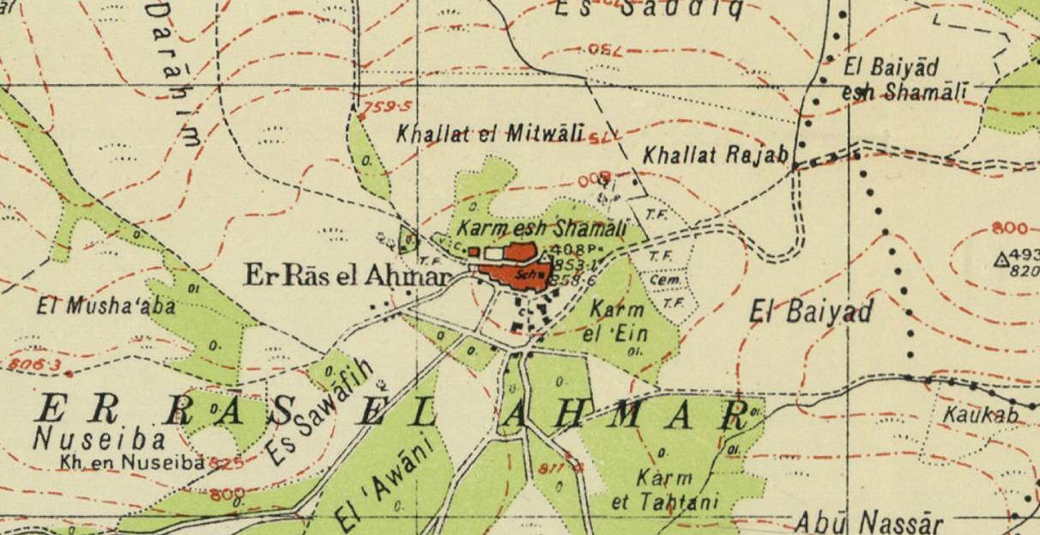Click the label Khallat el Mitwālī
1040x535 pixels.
coord(490,133)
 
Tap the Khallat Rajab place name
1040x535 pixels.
coord(715,155)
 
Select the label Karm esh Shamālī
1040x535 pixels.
coord(540,229)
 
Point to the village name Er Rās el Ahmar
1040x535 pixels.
coord(348,276)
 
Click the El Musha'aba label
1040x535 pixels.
coord(106,304)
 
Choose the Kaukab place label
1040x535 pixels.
coord(980,415)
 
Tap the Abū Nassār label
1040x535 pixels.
coord(868,522)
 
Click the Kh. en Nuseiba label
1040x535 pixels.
coord(131,462)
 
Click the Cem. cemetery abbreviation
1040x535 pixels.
coord(661,280)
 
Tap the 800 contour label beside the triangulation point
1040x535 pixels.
coord(1009,229)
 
